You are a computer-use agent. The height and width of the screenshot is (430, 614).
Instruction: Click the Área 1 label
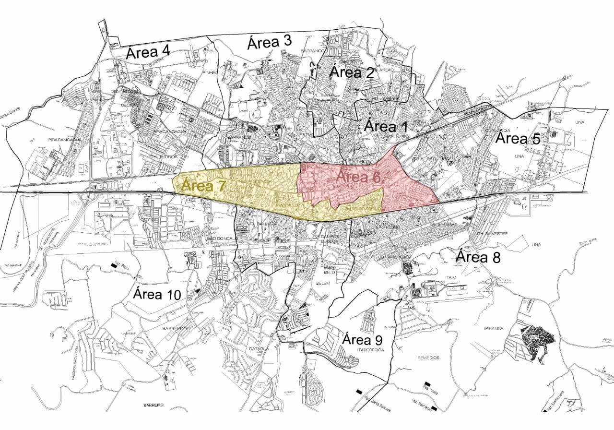[386, 127]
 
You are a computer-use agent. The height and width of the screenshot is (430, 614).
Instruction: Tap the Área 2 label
[352, 72]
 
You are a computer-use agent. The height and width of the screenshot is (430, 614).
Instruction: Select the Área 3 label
[269, 42]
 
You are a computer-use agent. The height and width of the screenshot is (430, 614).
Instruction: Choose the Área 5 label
[518, 139]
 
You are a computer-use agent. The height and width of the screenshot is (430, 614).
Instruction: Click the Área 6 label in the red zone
[357, 177]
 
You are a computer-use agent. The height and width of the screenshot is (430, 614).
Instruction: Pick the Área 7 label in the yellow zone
[203, 186]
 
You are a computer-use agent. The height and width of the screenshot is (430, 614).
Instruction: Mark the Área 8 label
[478, 257]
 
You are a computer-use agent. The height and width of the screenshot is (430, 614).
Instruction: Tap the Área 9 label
[362, 340]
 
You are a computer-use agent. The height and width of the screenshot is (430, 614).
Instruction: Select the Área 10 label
[157, 294]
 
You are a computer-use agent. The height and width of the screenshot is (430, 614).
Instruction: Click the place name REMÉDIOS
[428, 358]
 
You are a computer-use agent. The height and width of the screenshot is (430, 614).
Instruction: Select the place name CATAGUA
[259, 348]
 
